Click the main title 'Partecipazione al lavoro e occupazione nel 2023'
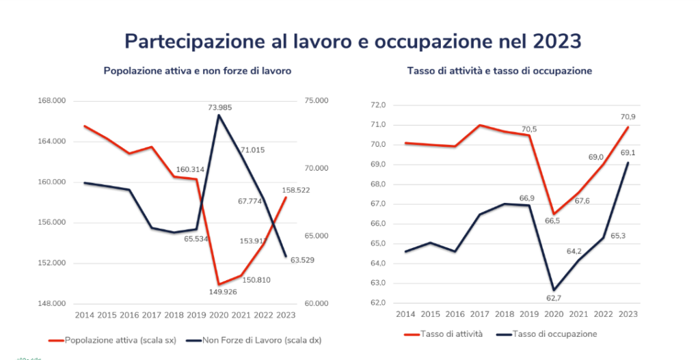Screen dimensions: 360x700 [353, 41]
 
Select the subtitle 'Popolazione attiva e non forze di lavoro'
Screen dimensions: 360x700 [198, 71]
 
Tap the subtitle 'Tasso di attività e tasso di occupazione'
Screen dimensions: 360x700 [499, 71]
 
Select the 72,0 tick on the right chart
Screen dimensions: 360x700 [377, 105]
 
